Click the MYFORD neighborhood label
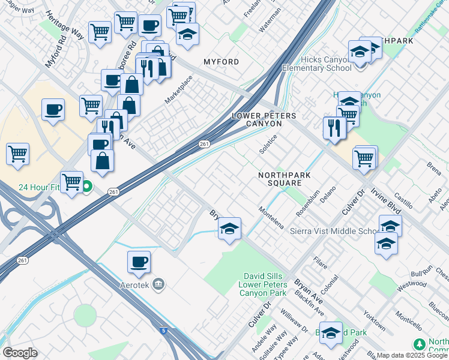pos(221,62)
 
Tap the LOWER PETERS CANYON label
pos(256,119)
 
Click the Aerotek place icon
pos(159,283)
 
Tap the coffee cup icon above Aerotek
pos(139,262)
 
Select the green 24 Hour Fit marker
pos(86,187)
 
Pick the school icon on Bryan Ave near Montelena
pos(229,229)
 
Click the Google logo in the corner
pos(20,353)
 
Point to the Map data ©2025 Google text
pos(412,355)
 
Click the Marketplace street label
pos(179,88)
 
